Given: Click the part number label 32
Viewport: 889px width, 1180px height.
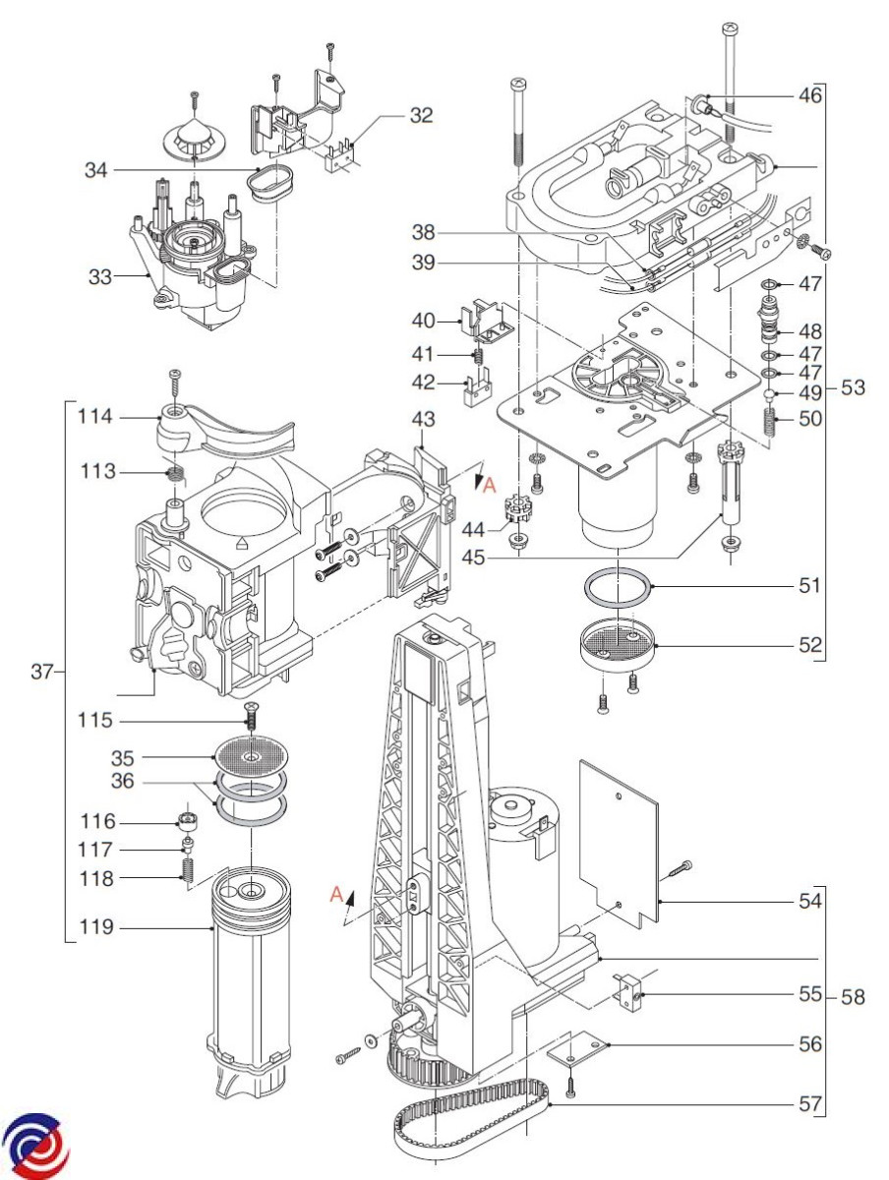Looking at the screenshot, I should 421,115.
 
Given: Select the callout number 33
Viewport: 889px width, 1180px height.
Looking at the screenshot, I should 100,277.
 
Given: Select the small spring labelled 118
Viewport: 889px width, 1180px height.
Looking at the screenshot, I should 189,870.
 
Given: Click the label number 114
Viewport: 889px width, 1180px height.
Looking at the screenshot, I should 97,417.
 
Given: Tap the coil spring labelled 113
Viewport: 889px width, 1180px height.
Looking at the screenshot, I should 176,476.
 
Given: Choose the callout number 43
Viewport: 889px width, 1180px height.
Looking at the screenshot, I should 423,419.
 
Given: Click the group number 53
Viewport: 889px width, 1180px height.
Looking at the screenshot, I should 854,387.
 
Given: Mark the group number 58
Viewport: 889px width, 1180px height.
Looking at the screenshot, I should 854,998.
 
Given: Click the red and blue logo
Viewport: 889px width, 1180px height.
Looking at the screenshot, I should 35,1148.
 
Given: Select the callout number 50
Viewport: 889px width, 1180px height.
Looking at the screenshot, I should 809,418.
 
